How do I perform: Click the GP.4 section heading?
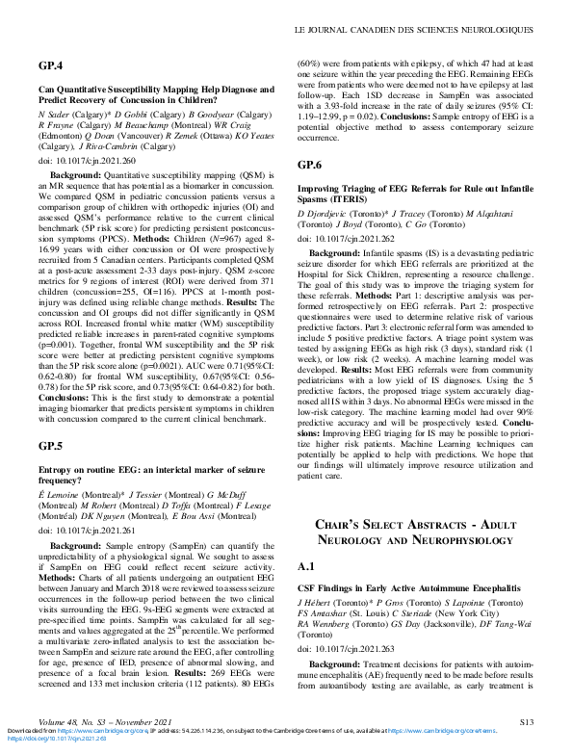tap(51, 65)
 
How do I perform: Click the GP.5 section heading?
tap(51, 446)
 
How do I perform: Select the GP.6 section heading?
tap(310, 165)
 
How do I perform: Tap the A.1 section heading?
tap(307, 565)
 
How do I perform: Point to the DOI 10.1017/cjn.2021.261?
tap(87, 529)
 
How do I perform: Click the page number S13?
tap(526, 720)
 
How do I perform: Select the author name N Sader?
tap(54, 113)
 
